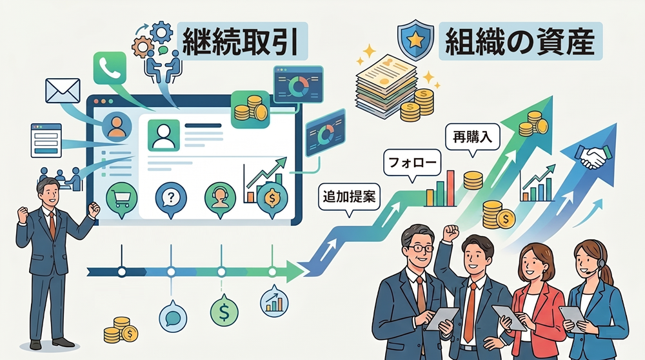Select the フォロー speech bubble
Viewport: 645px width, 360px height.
click(412, 162)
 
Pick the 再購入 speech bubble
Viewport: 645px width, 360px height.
click(472, 137)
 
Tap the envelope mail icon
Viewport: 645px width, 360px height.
click(62, 91)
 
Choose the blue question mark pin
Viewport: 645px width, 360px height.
click(170, 196)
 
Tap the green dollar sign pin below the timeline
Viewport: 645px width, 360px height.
click(224, 313)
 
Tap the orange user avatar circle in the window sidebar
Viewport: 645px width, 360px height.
click(117, 126)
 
